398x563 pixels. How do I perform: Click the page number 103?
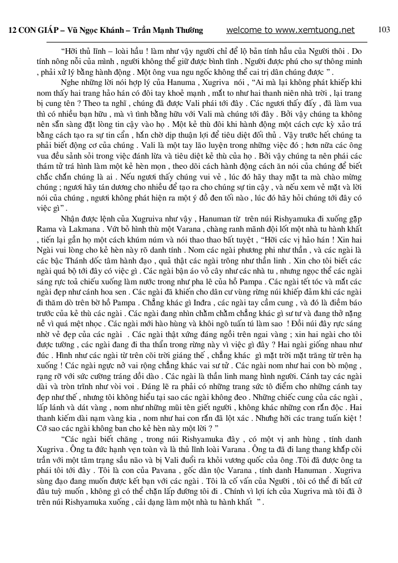[x=384, y=30]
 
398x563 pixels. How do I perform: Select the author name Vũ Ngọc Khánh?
[x=95, y=31]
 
